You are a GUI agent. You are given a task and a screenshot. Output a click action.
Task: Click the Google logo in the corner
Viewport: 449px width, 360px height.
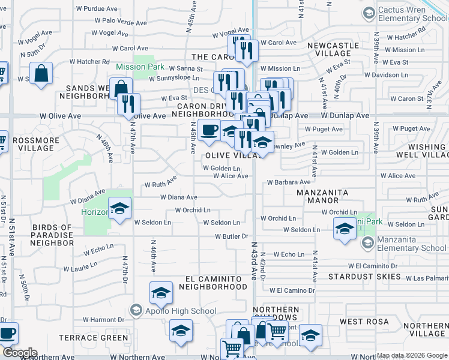tap(19, 353)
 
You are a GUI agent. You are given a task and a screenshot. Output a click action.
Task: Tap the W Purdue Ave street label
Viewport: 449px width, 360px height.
tap(96, 9)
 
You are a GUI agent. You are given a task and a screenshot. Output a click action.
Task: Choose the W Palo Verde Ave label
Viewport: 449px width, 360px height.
tap(120, 20)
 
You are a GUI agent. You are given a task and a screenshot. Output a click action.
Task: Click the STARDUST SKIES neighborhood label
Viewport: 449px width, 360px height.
tap(364, 277)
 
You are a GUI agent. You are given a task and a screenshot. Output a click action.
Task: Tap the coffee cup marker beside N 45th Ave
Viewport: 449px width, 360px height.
tap(208, 130)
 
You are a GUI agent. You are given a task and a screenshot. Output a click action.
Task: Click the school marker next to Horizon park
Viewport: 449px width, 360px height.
tap(120, 209)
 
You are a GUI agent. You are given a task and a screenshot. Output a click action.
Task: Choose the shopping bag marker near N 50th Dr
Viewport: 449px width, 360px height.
tap(41, 74)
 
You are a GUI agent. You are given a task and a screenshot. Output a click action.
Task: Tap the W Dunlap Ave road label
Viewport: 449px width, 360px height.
tap(345, 115)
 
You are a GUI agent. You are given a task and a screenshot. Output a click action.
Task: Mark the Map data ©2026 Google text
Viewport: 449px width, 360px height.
tap(411, 355)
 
